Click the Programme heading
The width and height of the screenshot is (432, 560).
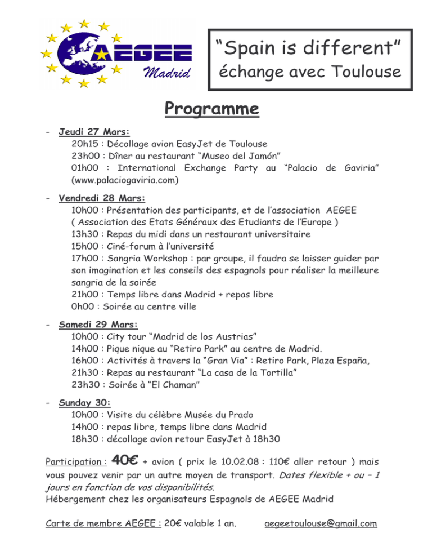pos(211,108)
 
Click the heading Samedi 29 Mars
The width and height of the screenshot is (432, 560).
pos(98,324)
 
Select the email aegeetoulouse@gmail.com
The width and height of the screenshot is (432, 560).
pos(321,523)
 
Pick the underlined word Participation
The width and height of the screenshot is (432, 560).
pos(73,462)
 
